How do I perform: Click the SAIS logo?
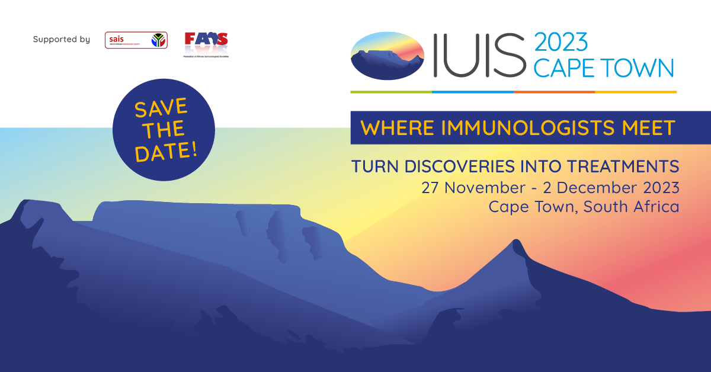pos(136,40)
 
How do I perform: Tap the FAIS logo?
pos(206,43)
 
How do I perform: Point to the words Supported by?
pos(62,40)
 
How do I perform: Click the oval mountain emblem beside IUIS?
pos(387,56)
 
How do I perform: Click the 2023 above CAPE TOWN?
pos(561,43)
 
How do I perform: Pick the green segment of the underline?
pos(391,92)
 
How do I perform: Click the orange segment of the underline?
pos(554,92)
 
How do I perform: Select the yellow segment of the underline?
pos(635,92)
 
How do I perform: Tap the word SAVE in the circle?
pos(161,110)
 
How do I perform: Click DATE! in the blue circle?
pos(166,152)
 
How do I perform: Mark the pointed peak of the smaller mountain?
pos(516,242)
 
